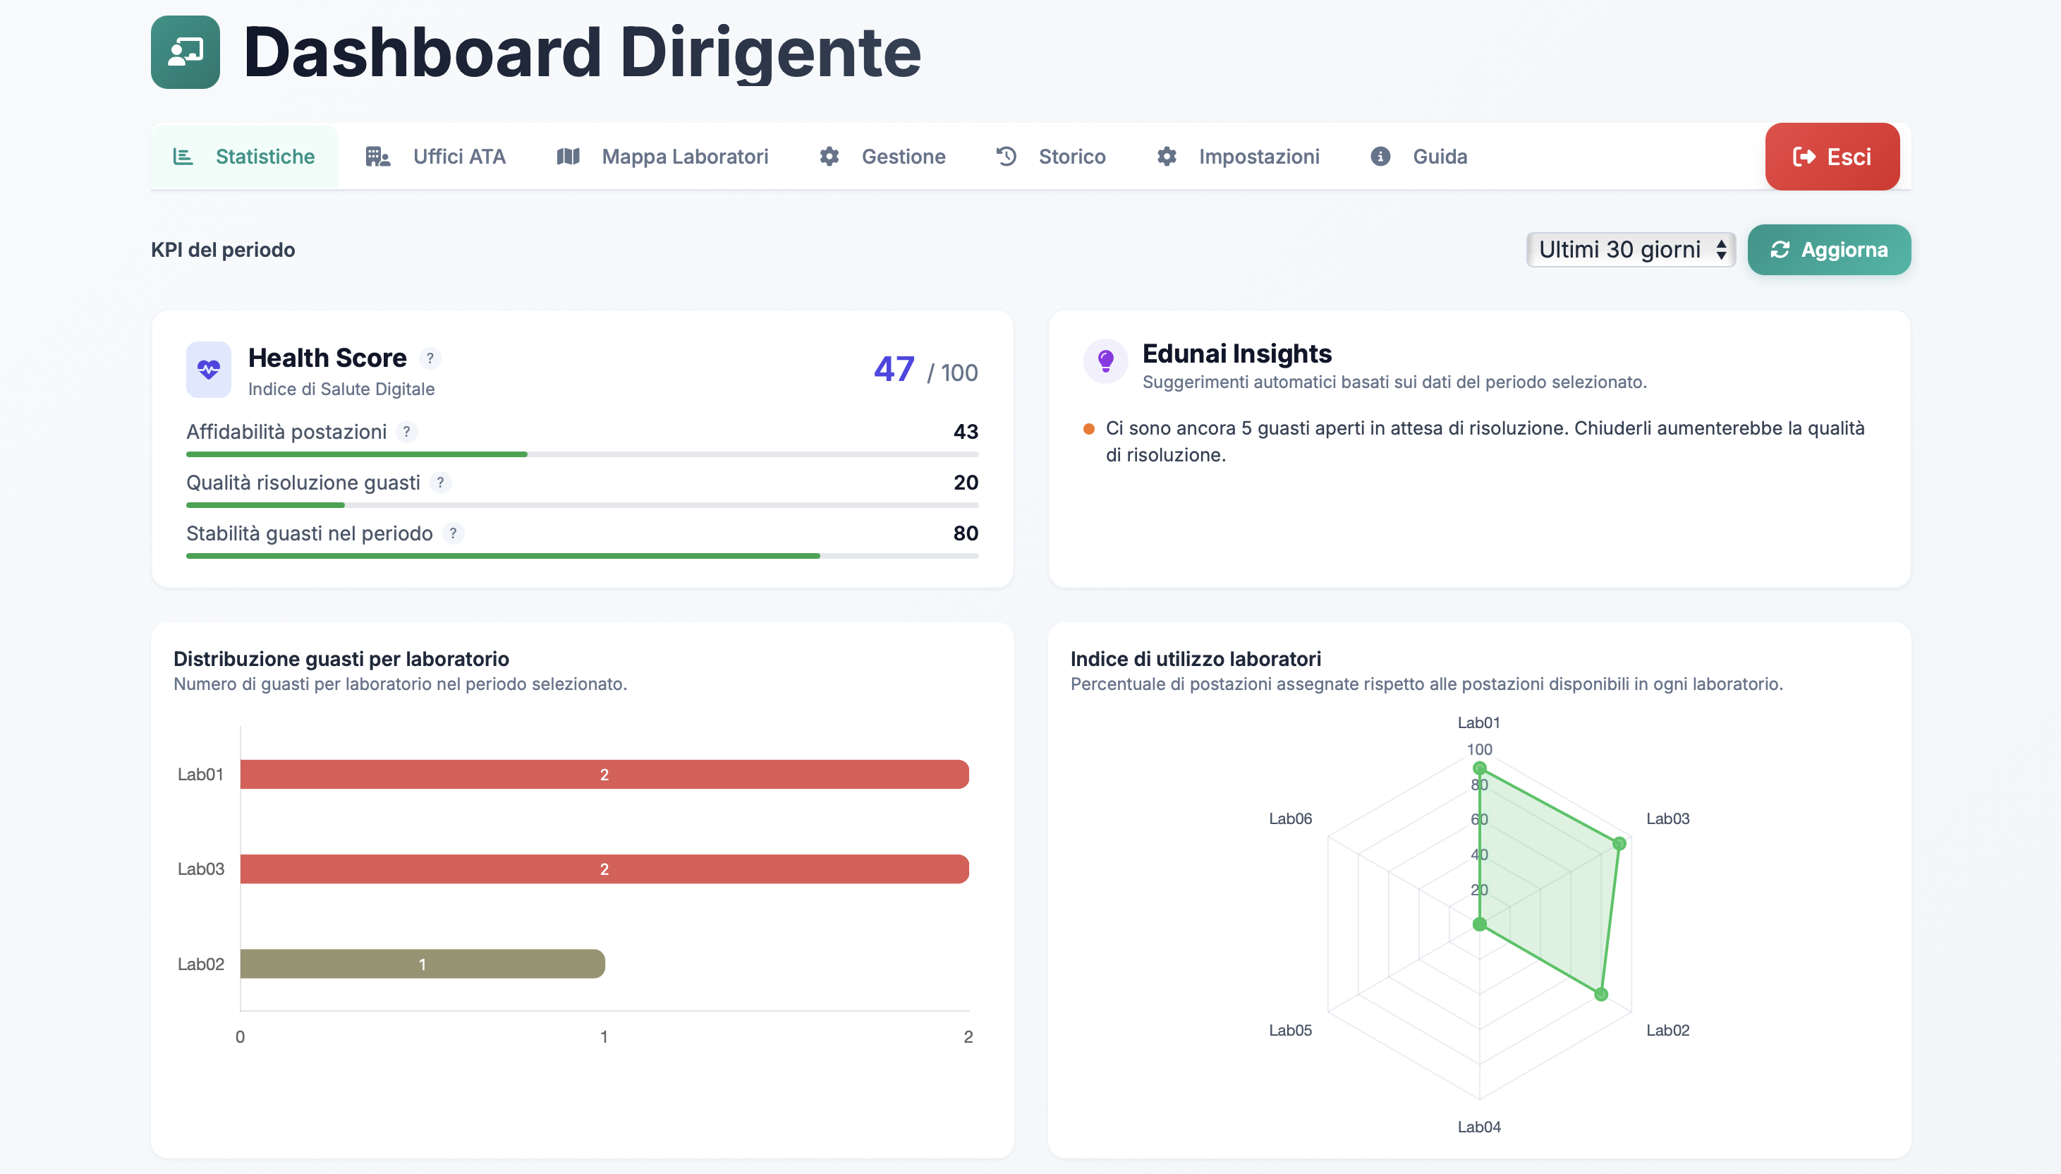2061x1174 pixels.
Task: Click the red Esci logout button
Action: (1831, 157)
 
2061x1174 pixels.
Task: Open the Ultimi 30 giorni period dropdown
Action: (1630, 250)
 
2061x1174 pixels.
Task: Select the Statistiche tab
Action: (244, 157)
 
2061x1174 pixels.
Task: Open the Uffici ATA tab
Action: (435, 157)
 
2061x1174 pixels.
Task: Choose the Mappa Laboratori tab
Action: (662, 157)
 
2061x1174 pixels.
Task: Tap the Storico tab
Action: (1051, 157)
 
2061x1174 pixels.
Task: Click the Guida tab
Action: (1419, 157)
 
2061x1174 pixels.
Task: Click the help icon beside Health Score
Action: (430, 358)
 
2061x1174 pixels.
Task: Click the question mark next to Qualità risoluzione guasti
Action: (440, 483)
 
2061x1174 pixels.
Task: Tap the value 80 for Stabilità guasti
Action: (965, 533)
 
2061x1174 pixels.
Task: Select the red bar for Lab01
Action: (604, 774)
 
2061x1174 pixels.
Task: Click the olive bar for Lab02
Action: (422, 964)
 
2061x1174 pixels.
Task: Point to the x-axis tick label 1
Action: (604, 1037)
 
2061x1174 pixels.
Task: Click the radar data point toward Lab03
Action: (1619, 843)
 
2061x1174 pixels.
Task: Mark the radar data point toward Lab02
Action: (1600, 994)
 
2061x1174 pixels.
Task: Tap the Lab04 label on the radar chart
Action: (1478, 1127)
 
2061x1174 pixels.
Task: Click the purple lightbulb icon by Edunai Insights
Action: (1105, 361)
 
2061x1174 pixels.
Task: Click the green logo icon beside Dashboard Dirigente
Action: (186, 52)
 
